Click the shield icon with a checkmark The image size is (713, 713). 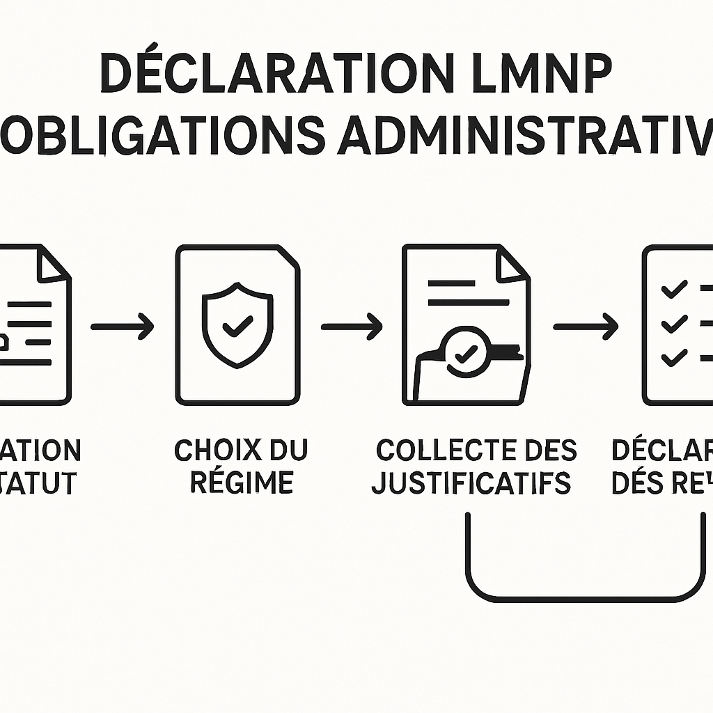[x=237, y=324]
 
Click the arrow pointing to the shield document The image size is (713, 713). [x=123, y=326]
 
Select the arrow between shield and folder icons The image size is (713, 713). [x=352, y=326]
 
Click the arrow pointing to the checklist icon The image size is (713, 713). [x=586, y=326]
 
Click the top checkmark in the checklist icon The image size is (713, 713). [x=674, y=289]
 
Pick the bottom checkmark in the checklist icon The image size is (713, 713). [x=674, y=358]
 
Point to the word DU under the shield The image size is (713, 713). [x=288, y=450]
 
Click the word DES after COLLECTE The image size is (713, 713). [x=546, y=450]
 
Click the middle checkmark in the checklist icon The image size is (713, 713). [x=674, y=324]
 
